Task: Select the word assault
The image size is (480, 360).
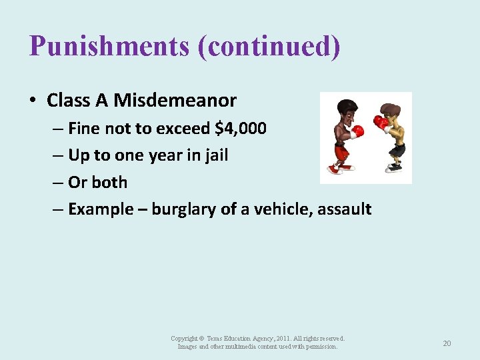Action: coord(345,209)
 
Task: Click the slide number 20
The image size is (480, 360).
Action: coord(447,343)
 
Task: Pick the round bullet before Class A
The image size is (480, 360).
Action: coord(33,101)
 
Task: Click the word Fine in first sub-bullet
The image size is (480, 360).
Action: coord(83,128)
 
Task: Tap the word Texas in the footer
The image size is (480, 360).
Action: coord(216,339)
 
